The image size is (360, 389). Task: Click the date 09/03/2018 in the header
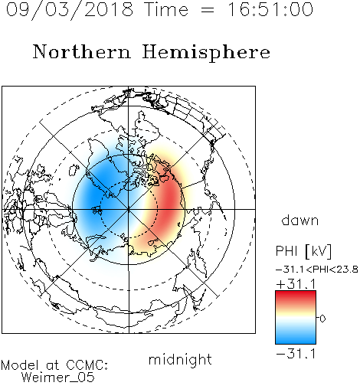coord(70,10)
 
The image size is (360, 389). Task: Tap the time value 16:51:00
coord(270,9)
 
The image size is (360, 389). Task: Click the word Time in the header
coord(166,9)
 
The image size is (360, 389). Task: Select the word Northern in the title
coord(82,51)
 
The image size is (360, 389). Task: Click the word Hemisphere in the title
coord(206,52)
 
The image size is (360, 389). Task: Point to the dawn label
coord(300,220)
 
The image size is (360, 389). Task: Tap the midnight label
coord(180,360)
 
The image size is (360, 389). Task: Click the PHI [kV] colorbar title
coord(304,251)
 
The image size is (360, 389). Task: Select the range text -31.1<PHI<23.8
coord(317,270)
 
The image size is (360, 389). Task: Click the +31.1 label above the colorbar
coord(296,284)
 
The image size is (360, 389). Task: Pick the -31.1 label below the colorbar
coord(296,354)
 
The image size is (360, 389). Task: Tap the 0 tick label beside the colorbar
coord(322,319)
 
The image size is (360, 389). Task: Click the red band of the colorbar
coord(296,296)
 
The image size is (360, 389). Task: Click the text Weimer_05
coord(58,378)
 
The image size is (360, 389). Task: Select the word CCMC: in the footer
coord(87,365)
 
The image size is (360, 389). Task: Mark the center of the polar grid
coord(129,209)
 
